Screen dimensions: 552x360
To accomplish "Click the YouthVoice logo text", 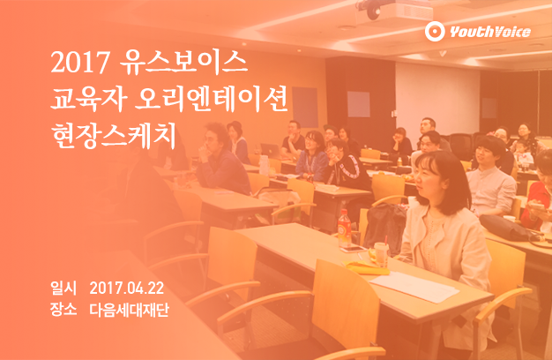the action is [x=490, y=32].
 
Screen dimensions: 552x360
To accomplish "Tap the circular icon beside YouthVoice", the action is [x=435, y=32].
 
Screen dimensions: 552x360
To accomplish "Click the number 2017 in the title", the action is [x=80, y=63].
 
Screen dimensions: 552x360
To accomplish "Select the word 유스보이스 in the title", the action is [x=183, y=63].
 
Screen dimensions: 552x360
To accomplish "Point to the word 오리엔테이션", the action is [x=212, y=99].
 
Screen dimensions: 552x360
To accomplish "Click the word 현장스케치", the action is [x=114, y=135].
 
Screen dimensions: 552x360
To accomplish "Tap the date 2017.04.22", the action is [x=127, y=289].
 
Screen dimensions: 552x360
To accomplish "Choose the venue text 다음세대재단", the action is [x=130, y=310].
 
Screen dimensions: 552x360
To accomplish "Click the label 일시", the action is [x=63, y=289].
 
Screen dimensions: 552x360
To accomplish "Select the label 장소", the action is [x=63, y=310].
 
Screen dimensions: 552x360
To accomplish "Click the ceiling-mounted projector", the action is [x=394, y=10].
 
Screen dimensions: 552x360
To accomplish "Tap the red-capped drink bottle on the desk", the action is [x=344, y=229].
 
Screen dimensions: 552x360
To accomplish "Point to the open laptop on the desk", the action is [x=271, y=151].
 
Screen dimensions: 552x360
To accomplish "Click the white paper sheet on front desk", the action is [x=414, y=287].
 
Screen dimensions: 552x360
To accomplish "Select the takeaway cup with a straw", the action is [x=381, y=253].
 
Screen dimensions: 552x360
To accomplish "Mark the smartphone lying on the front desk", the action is [x=353, y=250].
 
